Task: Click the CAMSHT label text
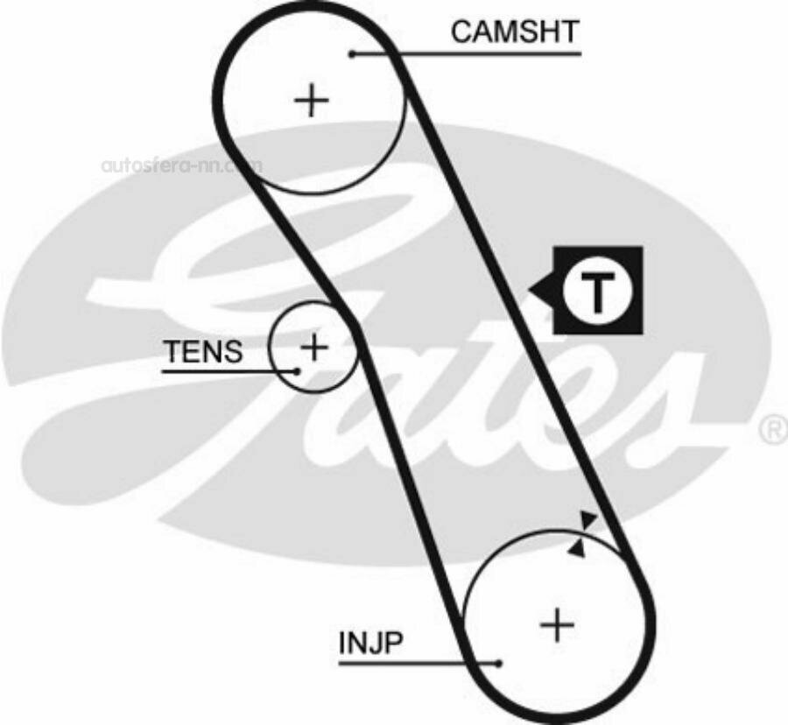click(x=515, y=32)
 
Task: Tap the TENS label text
click(x=203, y=351)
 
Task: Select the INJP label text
click(x=371, y=642)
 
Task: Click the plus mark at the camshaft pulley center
click(x=312, y=101)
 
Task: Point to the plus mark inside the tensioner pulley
click(x=314, y=347)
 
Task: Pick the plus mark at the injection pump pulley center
click(x=557, y=625)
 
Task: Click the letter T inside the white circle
click(x=597, y=291)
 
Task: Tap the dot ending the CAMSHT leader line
click(x=353, y=53)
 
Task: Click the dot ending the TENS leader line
click(x=297, y=371)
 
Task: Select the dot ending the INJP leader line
click(x=498, y=664)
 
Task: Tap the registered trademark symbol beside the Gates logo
click(x=776, y=431)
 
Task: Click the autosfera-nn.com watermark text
click(x=181, y=165)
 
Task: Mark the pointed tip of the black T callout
click(x=529, y=291)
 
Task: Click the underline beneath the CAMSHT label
click(x=467, y=53)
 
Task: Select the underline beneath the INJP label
click(x=419, y=664)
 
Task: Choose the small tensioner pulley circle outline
click(x=270, y=347)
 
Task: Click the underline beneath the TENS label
click(x=229, y=371)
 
